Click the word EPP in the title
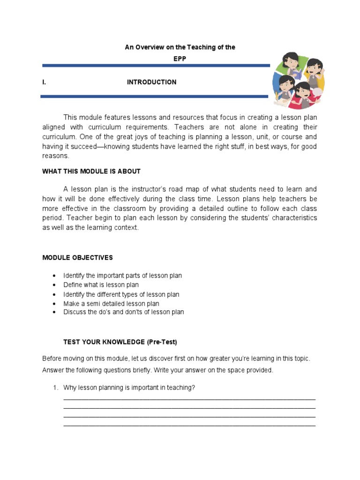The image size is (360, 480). pos(180,59)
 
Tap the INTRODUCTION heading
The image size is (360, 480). pos(151,82)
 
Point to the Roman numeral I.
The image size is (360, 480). pos(44,82)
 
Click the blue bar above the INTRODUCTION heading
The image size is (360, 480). pos(156,66)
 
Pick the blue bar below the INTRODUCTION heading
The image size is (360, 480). pos(155,97)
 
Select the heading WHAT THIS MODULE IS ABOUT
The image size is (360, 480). pos(91,171)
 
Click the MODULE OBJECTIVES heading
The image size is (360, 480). pos(77,257)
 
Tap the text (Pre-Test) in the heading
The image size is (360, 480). pos(162,342)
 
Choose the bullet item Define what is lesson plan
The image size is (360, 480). pos(101,285)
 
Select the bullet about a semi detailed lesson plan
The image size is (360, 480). pos(111,304)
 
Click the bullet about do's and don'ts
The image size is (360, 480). pos(123,312)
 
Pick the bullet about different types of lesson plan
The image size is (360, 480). pos(121,294)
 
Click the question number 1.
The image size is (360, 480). pos(55,388)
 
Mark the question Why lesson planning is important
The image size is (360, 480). pos(129,388)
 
